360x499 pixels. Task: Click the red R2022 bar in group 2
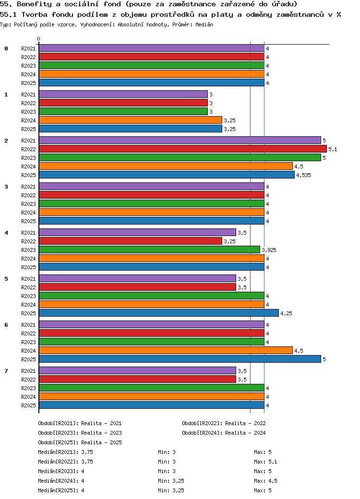coord(182,149)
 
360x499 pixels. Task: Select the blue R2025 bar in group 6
coord(180,359)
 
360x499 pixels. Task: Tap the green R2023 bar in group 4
coord(149,250)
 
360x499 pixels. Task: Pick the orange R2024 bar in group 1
coord(130,120)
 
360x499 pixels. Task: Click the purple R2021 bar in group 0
coord(151,48)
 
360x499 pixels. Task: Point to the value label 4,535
coord(303,175)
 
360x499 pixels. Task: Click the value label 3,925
coord(269,250)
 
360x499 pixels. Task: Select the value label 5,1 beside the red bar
coord(333,149)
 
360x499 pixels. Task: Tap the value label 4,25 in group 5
coord(286,313)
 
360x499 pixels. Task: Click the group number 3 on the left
coord(6,187)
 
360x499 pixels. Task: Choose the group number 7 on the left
coord(6,371)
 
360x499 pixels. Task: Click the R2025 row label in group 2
coord(28,175)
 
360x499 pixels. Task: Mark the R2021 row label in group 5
coord(28,279)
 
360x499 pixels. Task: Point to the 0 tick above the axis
coord(39,39)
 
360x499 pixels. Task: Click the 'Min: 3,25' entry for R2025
coord(171,490)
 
